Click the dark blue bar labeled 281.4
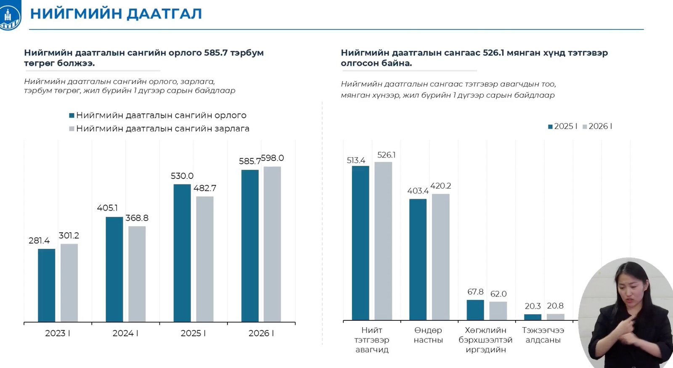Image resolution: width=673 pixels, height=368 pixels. coord(46,285)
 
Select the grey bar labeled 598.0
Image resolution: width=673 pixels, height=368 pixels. coord(272,244)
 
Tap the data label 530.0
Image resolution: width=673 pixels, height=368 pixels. coord(182,176)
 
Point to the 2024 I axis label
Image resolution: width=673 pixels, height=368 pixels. coord(125,333)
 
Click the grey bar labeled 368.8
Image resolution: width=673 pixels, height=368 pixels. coord(137,274)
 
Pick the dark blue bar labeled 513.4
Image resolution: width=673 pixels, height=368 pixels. coord(360,243)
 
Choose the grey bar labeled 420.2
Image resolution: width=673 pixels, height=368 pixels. coord(440,257)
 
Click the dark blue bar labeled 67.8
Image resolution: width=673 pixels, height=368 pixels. coord(475,310)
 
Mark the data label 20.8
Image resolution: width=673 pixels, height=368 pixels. coord(555,306)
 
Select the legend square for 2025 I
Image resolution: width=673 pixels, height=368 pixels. coord(550,127)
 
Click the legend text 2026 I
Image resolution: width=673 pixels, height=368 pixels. coord(600,126)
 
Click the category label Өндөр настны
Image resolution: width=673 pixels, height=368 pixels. coord(428,335)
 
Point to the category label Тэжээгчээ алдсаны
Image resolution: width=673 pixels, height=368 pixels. coord(543,335)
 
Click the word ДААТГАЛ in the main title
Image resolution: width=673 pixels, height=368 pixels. coord(164,14)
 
